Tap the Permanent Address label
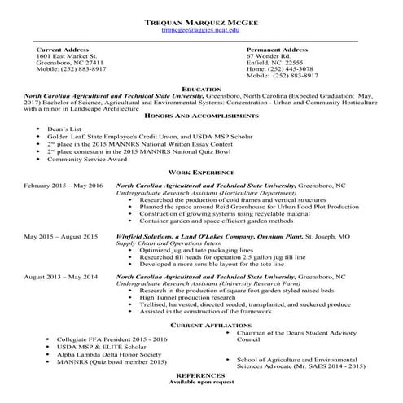(277, 50)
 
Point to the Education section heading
(201, 88)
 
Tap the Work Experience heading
(201, 173)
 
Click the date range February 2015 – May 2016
(64, 186)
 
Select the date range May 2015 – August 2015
(61, 236)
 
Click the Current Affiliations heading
(201, 325)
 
